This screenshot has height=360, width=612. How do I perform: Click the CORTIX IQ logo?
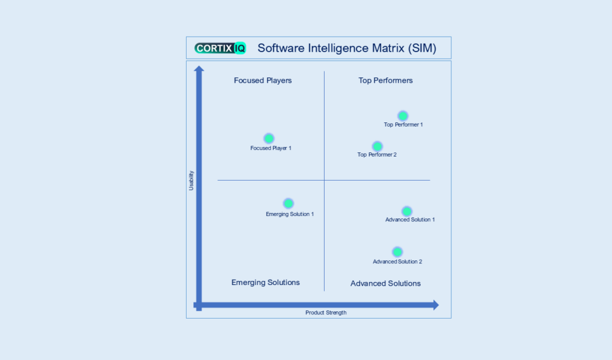coord(220,48)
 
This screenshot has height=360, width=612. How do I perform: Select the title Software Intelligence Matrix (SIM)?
coord(347,48)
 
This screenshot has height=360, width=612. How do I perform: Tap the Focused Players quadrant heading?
coord(263,80)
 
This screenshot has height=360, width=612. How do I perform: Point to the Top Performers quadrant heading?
coord(386,80)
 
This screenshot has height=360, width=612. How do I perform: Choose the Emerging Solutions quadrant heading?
coord(266,283)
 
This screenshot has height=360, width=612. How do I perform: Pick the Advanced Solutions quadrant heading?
coord(386,283)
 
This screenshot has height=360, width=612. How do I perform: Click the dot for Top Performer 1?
coord(403,116)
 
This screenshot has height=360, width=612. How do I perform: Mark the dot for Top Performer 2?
coord(377,146)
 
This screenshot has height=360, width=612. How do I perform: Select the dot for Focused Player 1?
coord(269,139)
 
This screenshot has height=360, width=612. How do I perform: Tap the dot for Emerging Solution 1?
coord(289,203)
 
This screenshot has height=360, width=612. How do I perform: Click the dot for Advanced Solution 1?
coord(407,211)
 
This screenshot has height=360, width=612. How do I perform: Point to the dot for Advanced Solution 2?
coord(397,252)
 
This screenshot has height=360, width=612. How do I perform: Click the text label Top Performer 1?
coord(404,125)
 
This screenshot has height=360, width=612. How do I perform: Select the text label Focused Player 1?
coord(271,148)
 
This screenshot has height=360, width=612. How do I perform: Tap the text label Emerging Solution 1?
coord(290,214)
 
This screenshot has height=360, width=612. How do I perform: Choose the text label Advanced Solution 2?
coord(398,262)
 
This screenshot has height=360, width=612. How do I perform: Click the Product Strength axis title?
coord(326,313)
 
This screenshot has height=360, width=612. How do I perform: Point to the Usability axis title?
coord(191,181)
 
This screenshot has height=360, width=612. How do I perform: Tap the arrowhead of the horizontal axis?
coord(435,305)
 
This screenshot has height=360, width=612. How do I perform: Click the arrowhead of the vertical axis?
coord(199,68)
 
